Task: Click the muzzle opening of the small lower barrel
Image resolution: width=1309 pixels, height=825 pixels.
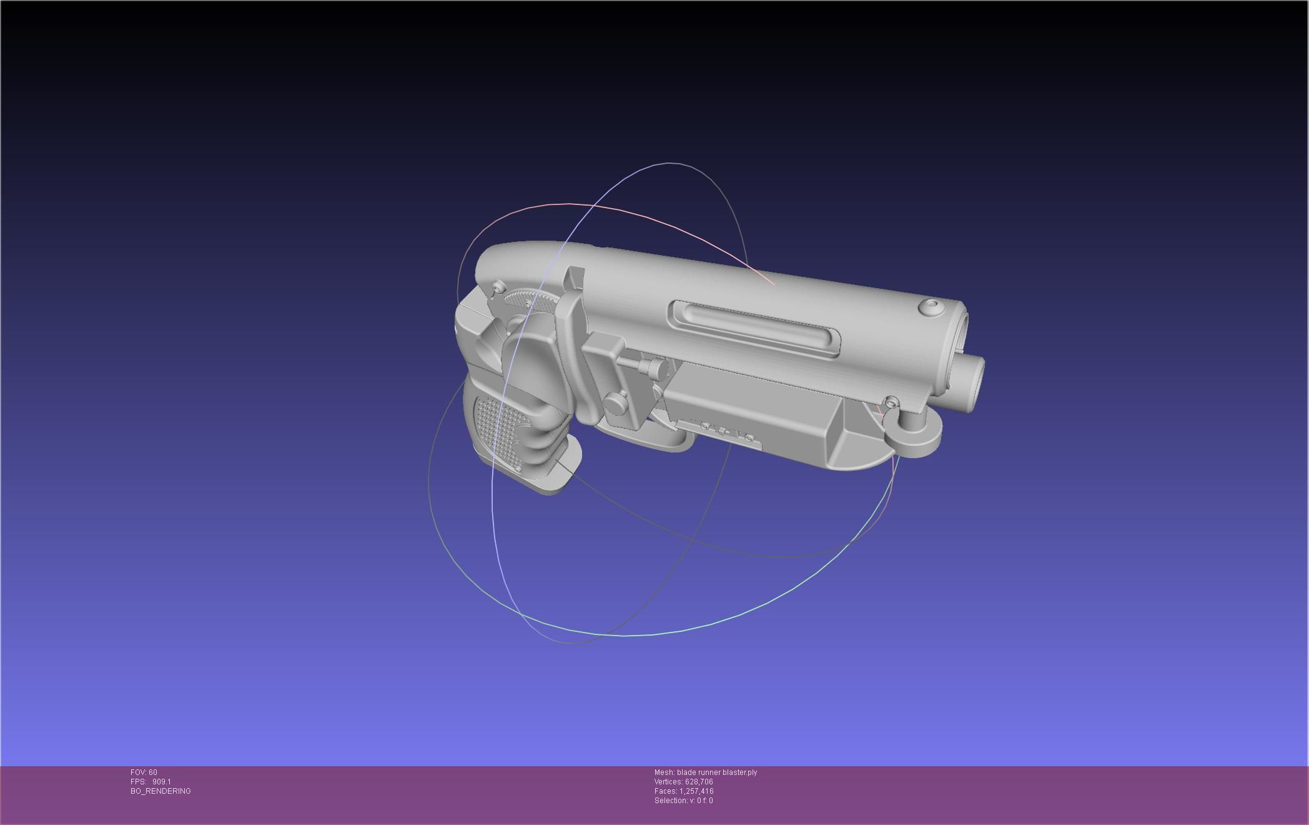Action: [976, 383]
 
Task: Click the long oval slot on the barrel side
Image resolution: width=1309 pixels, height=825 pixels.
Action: [754, 327]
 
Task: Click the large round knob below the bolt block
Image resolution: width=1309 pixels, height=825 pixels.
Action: [616, 402]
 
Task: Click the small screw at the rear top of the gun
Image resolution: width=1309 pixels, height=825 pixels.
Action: [498, 287]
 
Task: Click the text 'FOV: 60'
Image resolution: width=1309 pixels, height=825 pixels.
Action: [144, 772]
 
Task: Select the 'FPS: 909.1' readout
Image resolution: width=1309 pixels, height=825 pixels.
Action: [151, 782]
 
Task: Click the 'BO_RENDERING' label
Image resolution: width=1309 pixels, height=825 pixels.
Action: [161, 791]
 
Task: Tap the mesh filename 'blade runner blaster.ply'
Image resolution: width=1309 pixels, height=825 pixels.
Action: [716, 772]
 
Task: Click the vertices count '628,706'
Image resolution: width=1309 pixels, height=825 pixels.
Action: [698, 782]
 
